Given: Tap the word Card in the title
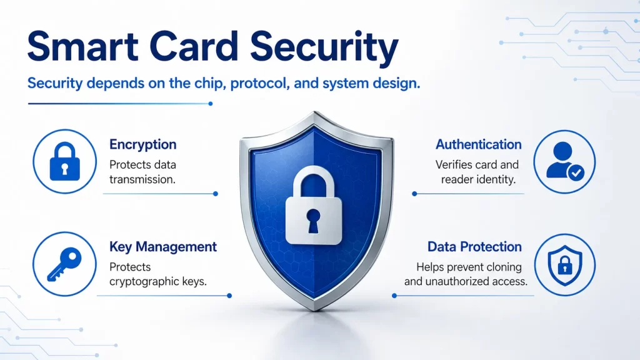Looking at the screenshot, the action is pos(194,46).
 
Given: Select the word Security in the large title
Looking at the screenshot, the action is pos(324,48).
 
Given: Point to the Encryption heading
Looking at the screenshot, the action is pos(143,144).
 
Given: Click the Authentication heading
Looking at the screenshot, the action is pos(478,144).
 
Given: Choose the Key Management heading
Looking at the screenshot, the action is pos(163,246).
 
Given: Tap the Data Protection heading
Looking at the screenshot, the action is pos(475,246).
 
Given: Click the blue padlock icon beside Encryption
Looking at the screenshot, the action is pos(64,161).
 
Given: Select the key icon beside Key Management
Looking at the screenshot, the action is pos(64,264).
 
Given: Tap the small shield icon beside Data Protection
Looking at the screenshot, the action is pos(565,265).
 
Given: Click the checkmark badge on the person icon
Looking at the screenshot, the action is pos(576,173).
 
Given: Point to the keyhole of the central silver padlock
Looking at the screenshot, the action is pos(313,221).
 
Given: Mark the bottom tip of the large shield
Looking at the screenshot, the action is pos(315,311).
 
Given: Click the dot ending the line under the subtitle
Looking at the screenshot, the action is pos(211,104).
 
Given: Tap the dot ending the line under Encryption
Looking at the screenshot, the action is pos(216,194).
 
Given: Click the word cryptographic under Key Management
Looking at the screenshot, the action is pos(144,282).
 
